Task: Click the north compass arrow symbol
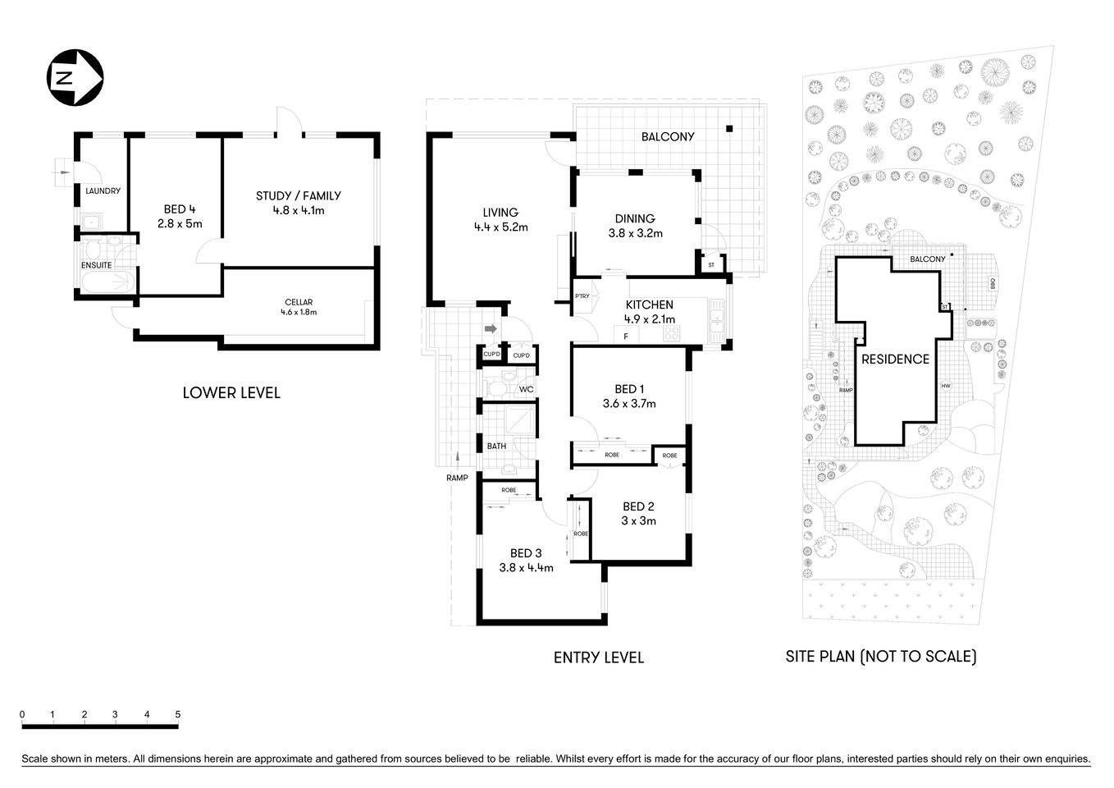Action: tap(75, 78)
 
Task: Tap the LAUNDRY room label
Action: tap(103, 191)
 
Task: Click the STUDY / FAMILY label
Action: tap(298, 195)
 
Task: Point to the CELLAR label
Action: tap(299, 302)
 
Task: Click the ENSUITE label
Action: tap(96, 265)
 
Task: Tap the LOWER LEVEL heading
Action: tap(231, 393)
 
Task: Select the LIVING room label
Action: tap(500, 213)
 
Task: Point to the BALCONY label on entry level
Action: tap(668, 137)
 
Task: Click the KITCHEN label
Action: tap(650, 305)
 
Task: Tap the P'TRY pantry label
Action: tap(582, 296)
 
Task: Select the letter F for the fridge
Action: tap(626, 336)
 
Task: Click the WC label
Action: tap(526, 389)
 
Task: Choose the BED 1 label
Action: tap(629, 389)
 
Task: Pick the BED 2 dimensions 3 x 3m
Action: tap(638, 520)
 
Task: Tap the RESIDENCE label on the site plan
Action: tap(895, 360)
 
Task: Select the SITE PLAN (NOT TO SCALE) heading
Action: tap(880, 657)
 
